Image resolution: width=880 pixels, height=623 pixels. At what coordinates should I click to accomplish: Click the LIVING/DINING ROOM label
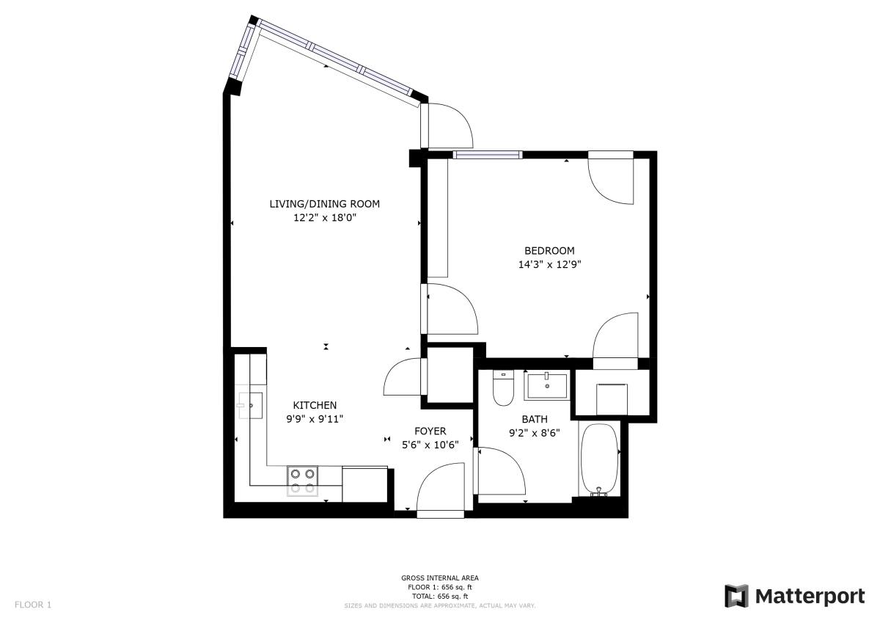click(324, 203)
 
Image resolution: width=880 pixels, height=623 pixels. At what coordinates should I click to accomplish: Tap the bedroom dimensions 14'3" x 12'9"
click(549, 264)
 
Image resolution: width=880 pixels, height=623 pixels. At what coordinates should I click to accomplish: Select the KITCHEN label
click(315, 405)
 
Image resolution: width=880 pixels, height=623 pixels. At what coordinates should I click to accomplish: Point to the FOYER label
click(430, 431)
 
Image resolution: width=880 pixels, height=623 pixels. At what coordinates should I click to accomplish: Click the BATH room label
click(535, 419)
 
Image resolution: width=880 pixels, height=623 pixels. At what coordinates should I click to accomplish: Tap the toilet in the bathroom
click(503, 388)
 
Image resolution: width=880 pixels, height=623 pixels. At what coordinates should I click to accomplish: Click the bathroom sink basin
click(547, 386)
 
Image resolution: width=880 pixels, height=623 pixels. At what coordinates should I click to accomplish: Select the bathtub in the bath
click(599, 459)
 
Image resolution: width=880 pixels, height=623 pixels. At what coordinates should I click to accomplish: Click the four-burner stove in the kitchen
click(302, 481)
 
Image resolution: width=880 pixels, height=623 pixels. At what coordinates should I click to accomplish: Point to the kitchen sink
click(250, 405)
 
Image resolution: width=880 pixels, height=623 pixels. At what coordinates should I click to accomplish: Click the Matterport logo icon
click(736, 596)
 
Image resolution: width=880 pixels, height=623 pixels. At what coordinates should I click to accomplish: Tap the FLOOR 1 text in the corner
click(33, 605)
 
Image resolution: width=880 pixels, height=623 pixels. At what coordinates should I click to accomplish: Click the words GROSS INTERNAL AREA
click(439, 578)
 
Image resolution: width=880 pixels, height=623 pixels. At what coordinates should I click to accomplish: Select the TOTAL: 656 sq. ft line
click(439, 597)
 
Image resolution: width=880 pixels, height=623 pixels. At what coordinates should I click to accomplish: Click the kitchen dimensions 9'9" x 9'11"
click(315, 419)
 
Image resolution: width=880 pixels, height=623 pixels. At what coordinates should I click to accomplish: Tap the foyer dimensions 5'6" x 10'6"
click(430, 445)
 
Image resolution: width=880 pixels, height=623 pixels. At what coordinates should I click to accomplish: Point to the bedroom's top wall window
click(488, 155)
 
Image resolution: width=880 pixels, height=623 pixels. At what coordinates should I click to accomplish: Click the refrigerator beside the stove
click(365, 484)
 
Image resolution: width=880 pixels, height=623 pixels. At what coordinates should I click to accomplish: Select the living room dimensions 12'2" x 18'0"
click(325, 217)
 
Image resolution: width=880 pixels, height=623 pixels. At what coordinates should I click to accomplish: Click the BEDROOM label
click(549, 250)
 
